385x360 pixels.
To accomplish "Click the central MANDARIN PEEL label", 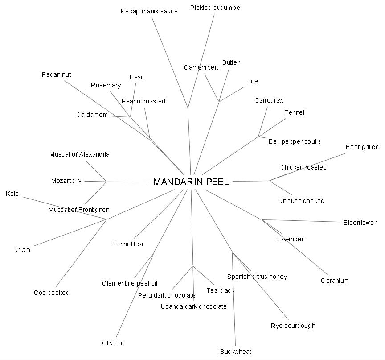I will pos(191,182).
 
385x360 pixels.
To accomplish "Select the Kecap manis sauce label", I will pos(149,11).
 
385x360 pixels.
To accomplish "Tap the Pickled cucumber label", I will pos(216,8).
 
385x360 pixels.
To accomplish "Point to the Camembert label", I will pos(201,67).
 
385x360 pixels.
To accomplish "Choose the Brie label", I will pos(252,81).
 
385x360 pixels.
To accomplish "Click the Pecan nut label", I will pos(56,74).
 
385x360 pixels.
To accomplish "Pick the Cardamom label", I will pos(92,115).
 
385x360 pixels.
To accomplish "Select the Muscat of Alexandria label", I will pos(79,154).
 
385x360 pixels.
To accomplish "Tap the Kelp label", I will pos(12,194).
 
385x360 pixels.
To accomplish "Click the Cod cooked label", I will pos(52,293).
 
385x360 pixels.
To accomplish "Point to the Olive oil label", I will pos(113,343).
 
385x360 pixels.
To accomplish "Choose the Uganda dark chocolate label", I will pos(193,306).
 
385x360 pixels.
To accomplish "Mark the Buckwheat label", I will pos(236,352).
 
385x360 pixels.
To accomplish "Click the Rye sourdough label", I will pos(293,326).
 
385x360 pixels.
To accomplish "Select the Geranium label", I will pos(334,281).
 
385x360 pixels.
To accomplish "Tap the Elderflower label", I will pos(360,223).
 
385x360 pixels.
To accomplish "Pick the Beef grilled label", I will pos(362,147).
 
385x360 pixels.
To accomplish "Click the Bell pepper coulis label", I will pos(295,141).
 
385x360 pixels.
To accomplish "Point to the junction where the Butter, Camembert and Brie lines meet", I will pos(219,101).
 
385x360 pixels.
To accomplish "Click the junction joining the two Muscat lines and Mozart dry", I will pos(106,182).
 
